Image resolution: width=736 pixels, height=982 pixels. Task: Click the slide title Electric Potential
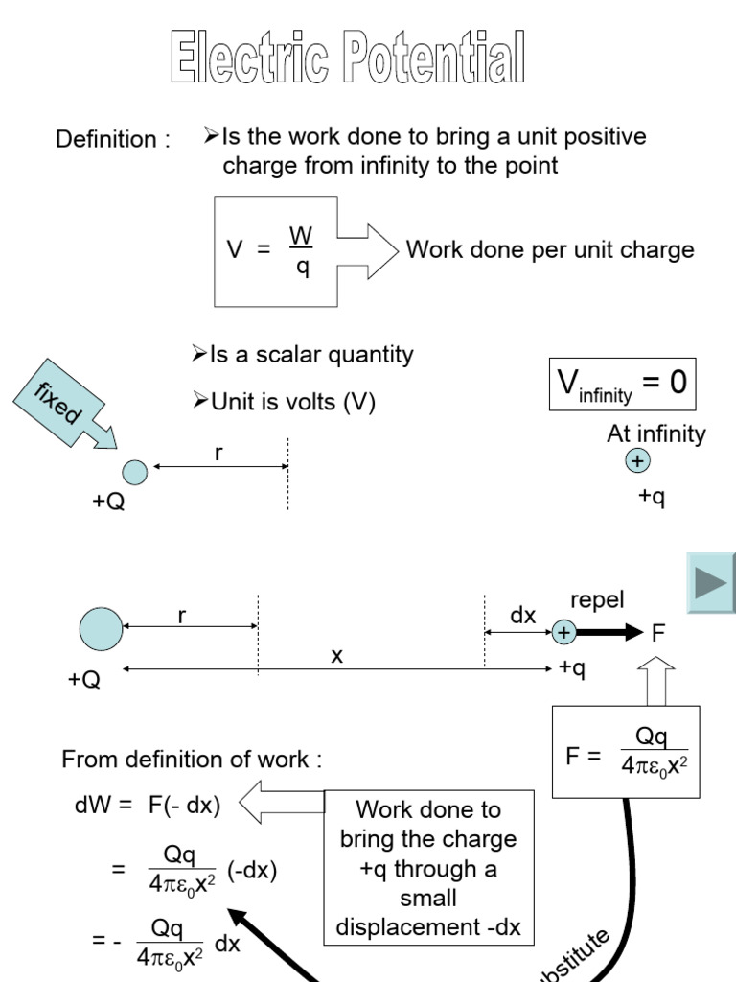tap(348, 57)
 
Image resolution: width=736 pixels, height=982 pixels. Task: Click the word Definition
tap(112, 139)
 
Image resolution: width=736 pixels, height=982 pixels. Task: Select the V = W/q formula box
tap(276, 251)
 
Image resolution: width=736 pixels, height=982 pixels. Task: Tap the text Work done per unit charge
tap(549, 250)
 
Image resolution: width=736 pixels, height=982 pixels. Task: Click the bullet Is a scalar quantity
tap(303, 355)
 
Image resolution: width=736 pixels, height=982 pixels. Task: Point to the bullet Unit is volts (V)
tap(284, 403)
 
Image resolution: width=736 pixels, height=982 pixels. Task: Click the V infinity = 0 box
tap(622, 385)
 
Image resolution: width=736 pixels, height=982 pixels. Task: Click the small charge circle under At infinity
tap(637, 462)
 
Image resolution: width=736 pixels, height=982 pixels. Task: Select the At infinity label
tap(655, 434)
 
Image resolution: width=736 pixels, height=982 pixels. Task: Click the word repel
tap(597, 600)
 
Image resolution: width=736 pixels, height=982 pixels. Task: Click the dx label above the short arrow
tap(522, 616)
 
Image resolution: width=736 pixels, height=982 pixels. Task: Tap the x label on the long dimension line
tap(337, 656)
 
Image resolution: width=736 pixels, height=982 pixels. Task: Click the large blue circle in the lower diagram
tap(101, 629)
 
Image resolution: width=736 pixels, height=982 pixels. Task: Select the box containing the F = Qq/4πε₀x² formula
tap(626, 753)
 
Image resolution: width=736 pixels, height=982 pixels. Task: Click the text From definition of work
tap(192, 760)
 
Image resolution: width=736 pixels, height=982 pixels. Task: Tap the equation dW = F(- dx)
tap(148, 806)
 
